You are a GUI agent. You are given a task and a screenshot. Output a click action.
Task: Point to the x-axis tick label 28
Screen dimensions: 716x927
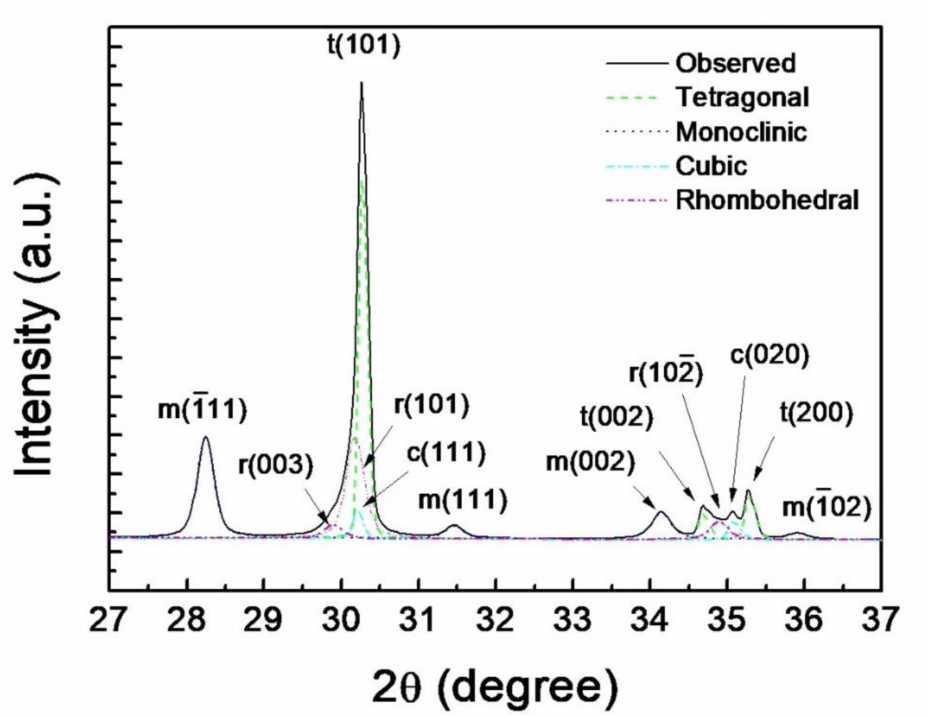[187, 619]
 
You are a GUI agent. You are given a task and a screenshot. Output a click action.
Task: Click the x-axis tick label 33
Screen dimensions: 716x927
[573, 619]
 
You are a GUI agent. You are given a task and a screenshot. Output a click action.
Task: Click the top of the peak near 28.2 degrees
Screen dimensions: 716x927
[206, 437]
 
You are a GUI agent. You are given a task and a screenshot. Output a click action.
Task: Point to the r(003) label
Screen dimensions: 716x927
[276, 465]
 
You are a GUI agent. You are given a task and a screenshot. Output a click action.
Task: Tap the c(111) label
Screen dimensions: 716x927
[446, 453]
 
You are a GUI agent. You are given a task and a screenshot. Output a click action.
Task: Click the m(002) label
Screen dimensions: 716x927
[590, 462]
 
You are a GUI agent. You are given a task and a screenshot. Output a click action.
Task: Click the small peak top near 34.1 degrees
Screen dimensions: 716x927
[660, 512]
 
